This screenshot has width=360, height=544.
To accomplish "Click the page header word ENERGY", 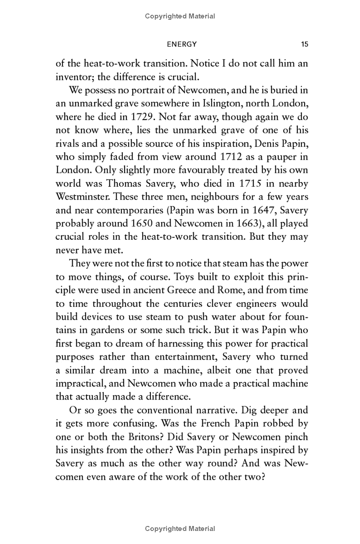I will (x=182, y=44).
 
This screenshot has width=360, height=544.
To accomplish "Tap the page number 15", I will (x=304, y=44).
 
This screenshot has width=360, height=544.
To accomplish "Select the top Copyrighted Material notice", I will (x=180, y=16).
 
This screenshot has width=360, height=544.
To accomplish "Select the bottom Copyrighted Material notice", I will (x=180, y=529).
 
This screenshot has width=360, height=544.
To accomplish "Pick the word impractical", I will (x=81, y=384).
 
